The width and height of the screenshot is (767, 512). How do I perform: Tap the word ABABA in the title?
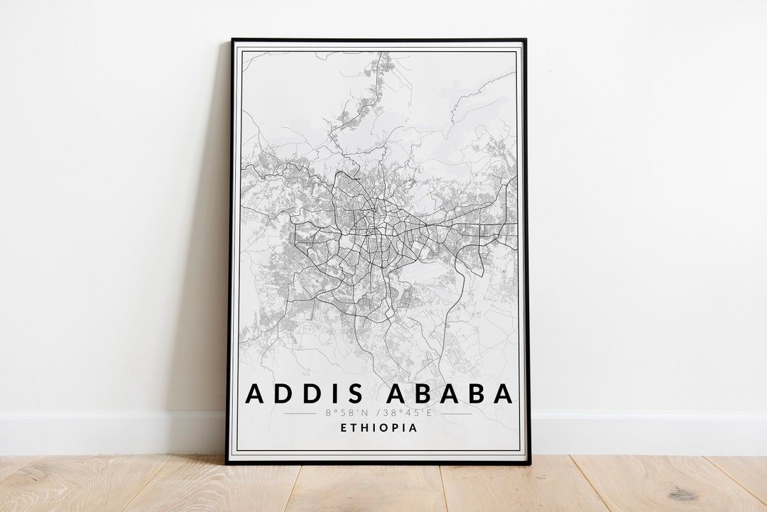[447, 393]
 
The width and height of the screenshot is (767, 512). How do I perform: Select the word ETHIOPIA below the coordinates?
[379, 428]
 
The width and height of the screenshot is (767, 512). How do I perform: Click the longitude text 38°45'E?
[409, 413]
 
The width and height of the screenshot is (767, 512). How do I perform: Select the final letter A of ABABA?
[503, 393]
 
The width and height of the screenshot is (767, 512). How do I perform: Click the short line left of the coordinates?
[300, 413]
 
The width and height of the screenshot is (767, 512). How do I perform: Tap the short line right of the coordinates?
[456, 413]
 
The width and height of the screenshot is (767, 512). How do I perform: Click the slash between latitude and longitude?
[377, 413]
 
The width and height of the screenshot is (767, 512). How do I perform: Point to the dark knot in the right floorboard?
[682, 494]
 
